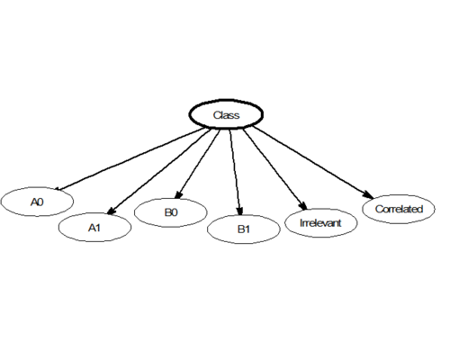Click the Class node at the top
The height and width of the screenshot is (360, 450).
tap(226, 114)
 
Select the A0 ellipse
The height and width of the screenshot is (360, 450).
tap(37, 202)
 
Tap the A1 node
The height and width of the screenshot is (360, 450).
tap(94, 228)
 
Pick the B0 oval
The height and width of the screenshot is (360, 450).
tap(171, 212)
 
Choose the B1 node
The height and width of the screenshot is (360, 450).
tap(244, 229)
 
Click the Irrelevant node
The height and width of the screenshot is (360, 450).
tap(320, 223)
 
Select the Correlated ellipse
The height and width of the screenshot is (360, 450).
tap(399, 209)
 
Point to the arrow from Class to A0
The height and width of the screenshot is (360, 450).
tap(130, 159)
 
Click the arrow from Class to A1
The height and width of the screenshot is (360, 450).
tap(159, 172)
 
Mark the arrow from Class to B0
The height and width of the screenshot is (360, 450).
tap(197, 164)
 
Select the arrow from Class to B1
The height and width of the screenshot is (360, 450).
tap(235, 172)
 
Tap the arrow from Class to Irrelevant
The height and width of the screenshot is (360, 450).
tap(275, 169)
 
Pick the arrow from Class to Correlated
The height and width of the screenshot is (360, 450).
tap(313, 162)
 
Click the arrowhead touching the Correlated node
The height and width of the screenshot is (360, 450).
tap(368, 194)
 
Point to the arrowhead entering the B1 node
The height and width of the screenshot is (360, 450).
tap(239, 211)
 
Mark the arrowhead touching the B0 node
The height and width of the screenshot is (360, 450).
tap(178, 194)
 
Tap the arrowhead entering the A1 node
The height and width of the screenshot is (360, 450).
tap(111, 211)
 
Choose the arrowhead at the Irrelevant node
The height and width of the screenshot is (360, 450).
tap(303, 205)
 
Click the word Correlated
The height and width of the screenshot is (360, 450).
tap(399, 209)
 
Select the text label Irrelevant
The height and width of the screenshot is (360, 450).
tap(320, 223)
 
